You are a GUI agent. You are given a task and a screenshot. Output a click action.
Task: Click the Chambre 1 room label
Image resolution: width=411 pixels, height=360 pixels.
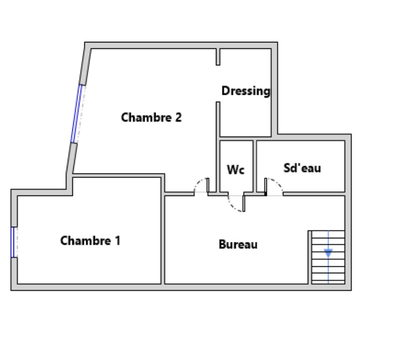[x=90, y=240]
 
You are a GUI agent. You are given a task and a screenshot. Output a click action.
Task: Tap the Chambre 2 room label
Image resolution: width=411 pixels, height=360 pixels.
[x=151, y=117]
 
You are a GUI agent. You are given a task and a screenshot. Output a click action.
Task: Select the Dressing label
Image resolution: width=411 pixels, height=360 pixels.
[x=246, y=91]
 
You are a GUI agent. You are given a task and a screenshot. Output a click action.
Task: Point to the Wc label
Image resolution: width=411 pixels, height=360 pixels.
[x=235, y=170]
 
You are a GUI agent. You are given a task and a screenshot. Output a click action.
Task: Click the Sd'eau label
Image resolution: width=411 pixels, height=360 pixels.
[x=302, y=168]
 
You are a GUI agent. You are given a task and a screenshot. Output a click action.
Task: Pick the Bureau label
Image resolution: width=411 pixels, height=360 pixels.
[x=238, y=244]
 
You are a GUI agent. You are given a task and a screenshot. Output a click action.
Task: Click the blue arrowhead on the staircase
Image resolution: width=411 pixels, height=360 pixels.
[x=328, y=253]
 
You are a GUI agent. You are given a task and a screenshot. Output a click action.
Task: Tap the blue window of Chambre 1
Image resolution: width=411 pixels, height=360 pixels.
[x=12, y=242]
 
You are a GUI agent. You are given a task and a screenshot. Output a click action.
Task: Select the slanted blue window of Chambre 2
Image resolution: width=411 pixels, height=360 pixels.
[x=76, y=114]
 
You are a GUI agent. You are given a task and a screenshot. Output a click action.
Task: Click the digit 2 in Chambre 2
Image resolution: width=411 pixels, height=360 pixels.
[x=178, y=117]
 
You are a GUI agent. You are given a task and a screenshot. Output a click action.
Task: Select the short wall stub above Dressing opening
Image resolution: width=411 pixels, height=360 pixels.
[x=218, y=57]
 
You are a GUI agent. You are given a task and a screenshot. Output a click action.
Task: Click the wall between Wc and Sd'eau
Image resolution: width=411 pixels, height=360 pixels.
[x=255, y=167]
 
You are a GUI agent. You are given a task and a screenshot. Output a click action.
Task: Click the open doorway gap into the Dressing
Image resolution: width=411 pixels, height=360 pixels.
[x=218, y=84]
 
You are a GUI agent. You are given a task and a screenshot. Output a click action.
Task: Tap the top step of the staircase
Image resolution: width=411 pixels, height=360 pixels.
[x=328, y=234]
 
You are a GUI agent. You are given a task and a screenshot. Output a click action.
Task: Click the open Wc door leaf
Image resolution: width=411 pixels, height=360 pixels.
[x=244, y=203]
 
